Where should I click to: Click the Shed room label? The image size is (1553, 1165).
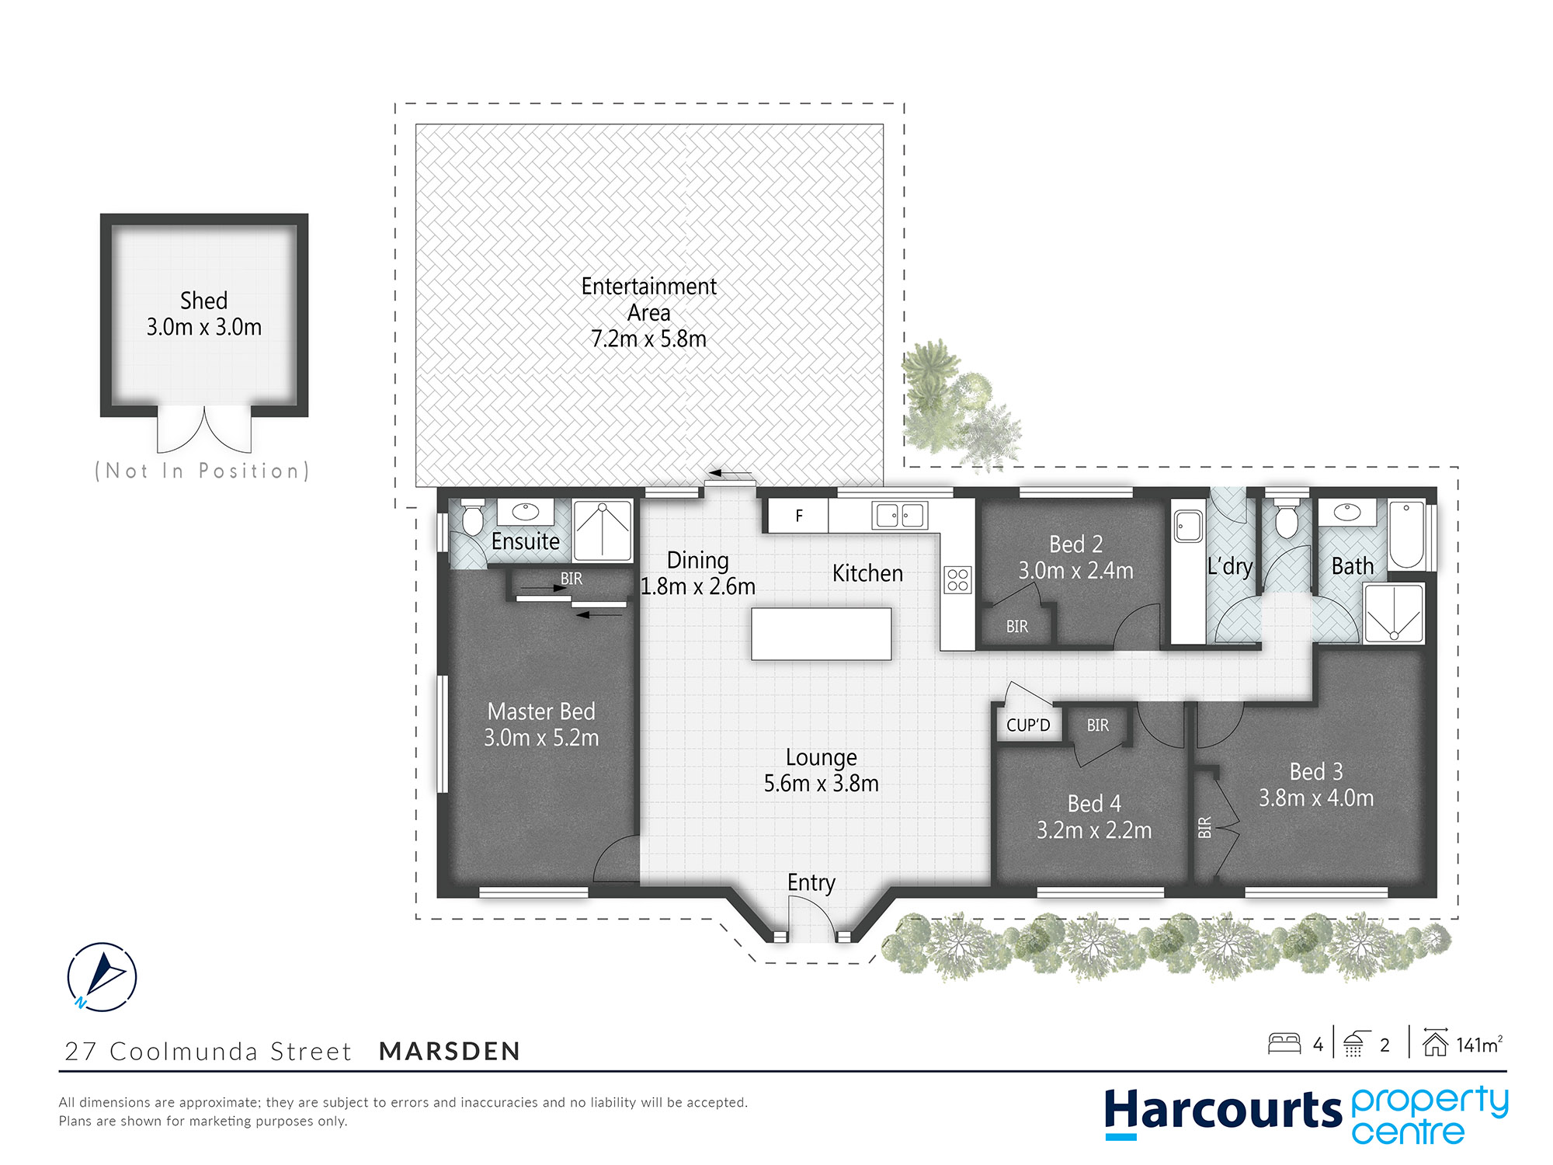coord(204,301)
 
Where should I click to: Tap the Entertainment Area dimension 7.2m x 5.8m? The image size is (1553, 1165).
coord(648,339)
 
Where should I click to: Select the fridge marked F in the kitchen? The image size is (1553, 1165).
coord(798,516)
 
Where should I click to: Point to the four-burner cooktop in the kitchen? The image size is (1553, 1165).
coord(957,580)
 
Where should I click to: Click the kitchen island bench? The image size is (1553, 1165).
coord(821,635)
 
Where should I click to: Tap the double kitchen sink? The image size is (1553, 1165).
coord(900,516)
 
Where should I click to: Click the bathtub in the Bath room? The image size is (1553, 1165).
coord(1406,536)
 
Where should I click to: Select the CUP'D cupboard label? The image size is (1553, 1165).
coord(1027,725)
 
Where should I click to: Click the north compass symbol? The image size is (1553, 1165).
coord(102,976)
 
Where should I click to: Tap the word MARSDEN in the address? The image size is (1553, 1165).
coord(450,1052)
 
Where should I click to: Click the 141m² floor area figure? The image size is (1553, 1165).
coord(1479,1045)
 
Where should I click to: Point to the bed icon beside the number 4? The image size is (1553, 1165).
coord(1284,1043)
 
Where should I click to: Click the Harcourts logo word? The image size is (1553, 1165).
coord(1223,1111)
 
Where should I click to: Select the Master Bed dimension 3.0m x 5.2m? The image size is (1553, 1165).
coord(541,738)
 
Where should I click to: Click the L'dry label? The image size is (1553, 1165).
coord(1230,566)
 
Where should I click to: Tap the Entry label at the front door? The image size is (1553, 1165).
coord(811,883)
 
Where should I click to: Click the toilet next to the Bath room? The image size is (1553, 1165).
coord(1287,520)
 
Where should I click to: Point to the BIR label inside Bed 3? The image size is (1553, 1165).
coord(1204,827)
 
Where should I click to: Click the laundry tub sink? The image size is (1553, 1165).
coord(1188,526)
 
